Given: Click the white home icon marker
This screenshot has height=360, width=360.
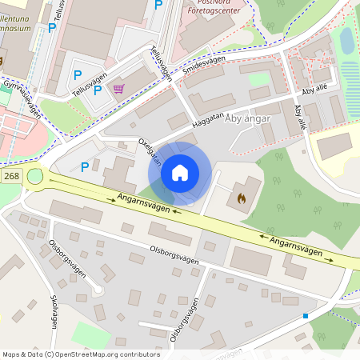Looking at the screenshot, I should click(x=180, y=173).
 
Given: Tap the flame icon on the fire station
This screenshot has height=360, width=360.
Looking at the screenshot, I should click(x=243, y=194).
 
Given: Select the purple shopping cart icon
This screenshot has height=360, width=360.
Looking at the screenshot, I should click(x=119, y=89).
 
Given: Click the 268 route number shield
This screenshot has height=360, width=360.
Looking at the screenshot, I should click(x=10, y=175).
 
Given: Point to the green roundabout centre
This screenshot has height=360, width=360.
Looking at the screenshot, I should click(x=35, y=176).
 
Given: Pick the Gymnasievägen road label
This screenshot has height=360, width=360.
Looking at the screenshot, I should click(x=22, y=98).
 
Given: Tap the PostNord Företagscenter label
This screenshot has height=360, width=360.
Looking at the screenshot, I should click(x=213, y=9).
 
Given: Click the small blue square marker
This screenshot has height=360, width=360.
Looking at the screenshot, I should click(x=305, y=316).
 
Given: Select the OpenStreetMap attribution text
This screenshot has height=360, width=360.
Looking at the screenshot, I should click(x=80, y=354).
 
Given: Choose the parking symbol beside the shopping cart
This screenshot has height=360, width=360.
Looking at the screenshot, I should click(x=98, y=90).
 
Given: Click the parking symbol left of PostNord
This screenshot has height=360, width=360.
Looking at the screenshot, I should click(x=158, y=5).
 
